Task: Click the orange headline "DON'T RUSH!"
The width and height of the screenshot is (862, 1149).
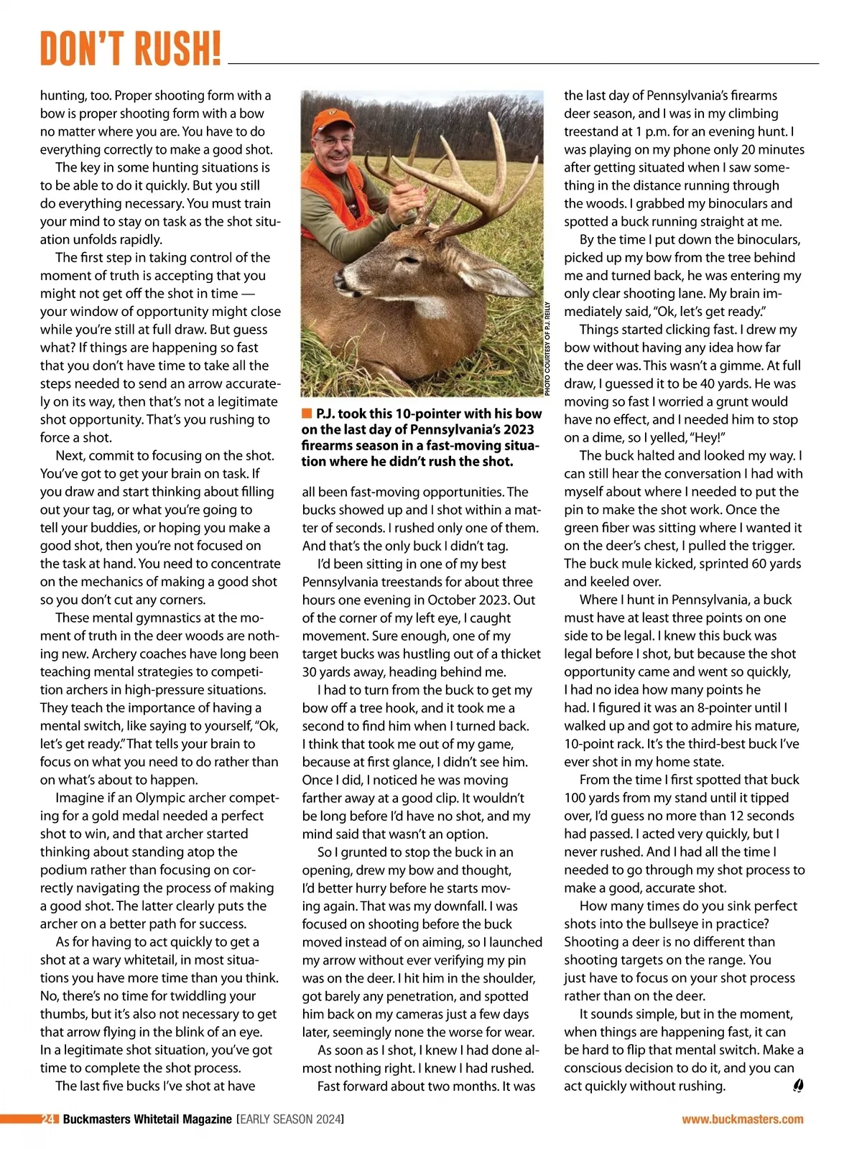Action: (131, 49)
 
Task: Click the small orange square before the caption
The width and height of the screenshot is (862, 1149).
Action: (307, 414)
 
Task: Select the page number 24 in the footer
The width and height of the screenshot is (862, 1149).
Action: (49, 1119)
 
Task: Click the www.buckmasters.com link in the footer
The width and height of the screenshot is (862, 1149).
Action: (743, 1119)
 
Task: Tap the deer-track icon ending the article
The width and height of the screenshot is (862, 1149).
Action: (797, 1086)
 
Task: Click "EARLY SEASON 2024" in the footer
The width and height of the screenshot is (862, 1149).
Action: (290, 1119)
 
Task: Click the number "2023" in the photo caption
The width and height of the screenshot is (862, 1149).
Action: (519, 429)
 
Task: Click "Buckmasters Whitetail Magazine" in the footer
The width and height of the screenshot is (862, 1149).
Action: (147, 1119)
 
